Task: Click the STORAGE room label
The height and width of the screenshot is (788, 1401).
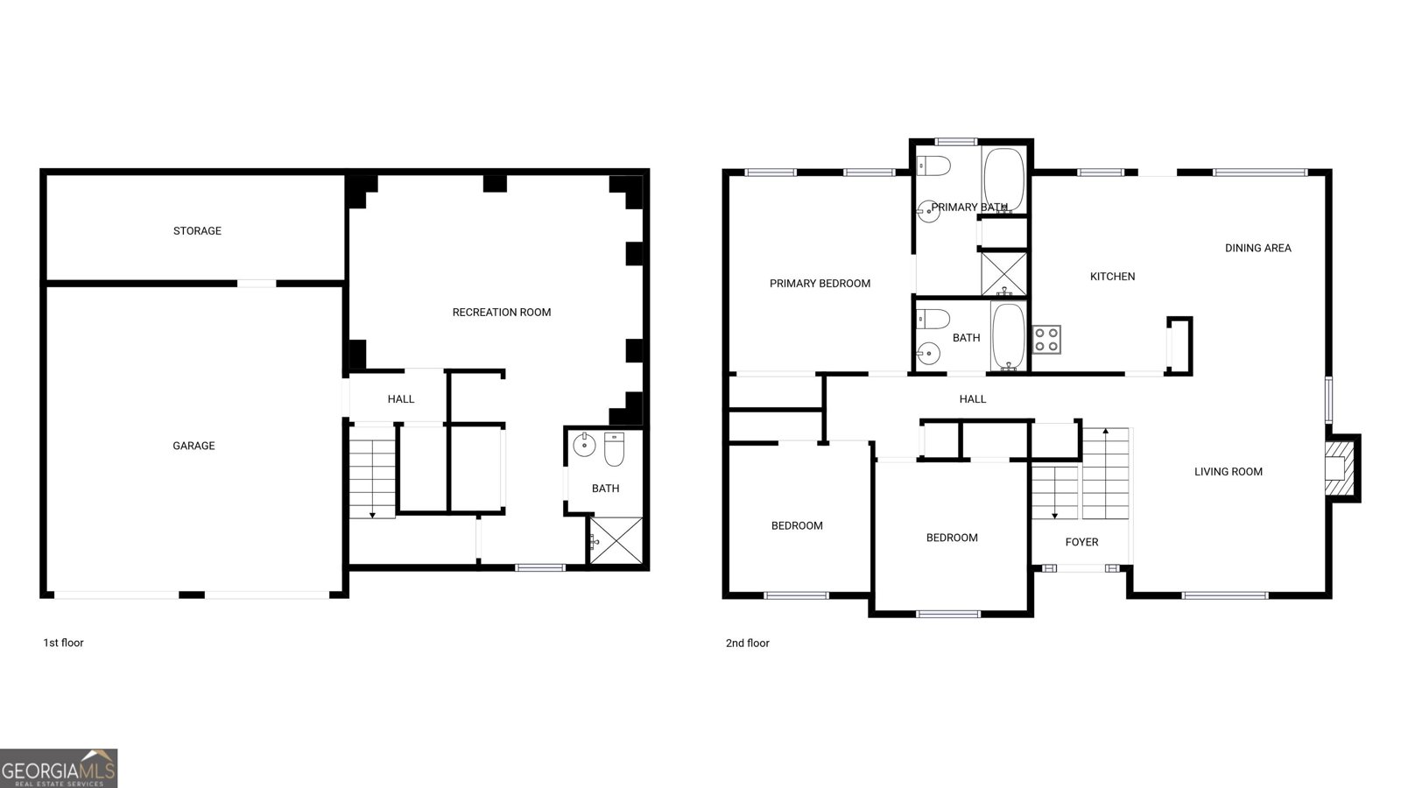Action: pos(197,231)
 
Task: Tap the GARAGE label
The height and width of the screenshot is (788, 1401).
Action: pos(194,446)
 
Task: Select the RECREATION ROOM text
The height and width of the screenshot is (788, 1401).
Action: pos(502,312)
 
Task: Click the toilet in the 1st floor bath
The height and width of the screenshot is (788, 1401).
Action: pos(614,449)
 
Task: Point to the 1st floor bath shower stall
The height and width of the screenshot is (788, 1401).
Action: pos(616,540)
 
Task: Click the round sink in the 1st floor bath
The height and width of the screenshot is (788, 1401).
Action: pos(584,445)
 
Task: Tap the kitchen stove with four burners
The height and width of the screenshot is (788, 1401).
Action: pos(1046,340)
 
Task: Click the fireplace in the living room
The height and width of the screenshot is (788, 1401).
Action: pos(1341,468)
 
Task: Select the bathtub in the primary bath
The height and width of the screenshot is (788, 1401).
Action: pos(1003,180)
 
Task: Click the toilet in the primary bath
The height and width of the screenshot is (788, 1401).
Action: pos(933,166)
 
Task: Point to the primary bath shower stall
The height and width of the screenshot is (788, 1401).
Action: pos(1003,273)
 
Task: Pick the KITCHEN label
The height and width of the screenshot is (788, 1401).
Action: pos(1112,277)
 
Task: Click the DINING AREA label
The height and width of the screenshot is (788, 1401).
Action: pos(1257,249)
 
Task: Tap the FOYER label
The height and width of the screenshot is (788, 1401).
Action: pos(1081,542)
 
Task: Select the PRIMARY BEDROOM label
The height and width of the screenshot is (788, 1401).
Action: pos(820,284)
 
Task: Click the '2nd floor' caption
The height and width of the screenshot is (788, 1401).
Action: pos(748,643)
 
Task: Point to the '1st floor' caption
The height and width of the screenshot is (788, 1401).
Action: pos(63,643)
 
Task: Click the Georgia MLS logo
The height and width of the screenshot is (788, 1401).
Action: pos(58,769)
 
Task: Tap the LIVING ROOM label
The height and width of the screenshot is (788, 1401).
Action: pos(1229,472)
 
